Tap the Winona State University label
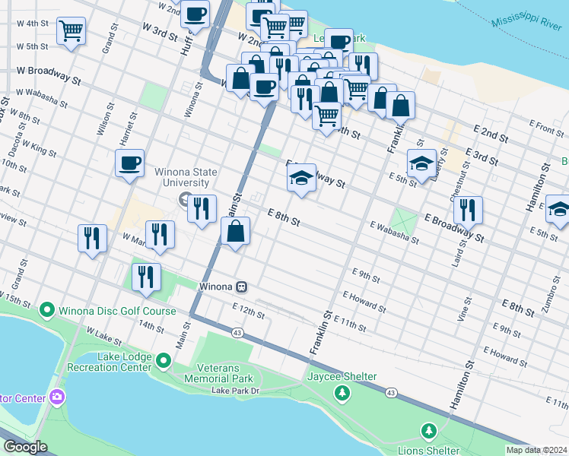182,177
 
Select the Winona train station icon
241,287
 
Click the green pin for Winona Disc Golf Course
46,310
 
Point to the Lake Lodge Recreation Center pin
164,359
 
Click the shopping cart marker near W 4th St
71,32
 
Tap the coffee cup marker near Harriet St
129,163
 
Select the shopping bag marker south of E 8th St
236,231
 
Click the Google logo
25,447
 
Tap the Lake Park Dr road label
236,391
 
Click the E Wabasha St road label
395,232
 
